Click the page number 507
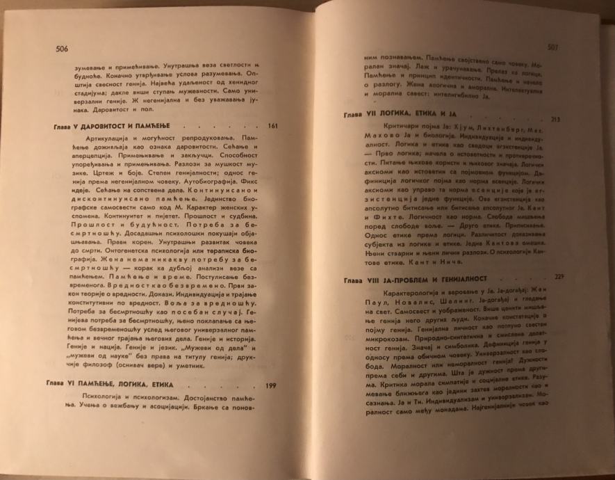(x=554, y=47)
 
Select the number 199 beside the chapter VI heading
(x=272, y=385)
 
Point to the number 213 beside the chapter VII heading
(x=555, y=120)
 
